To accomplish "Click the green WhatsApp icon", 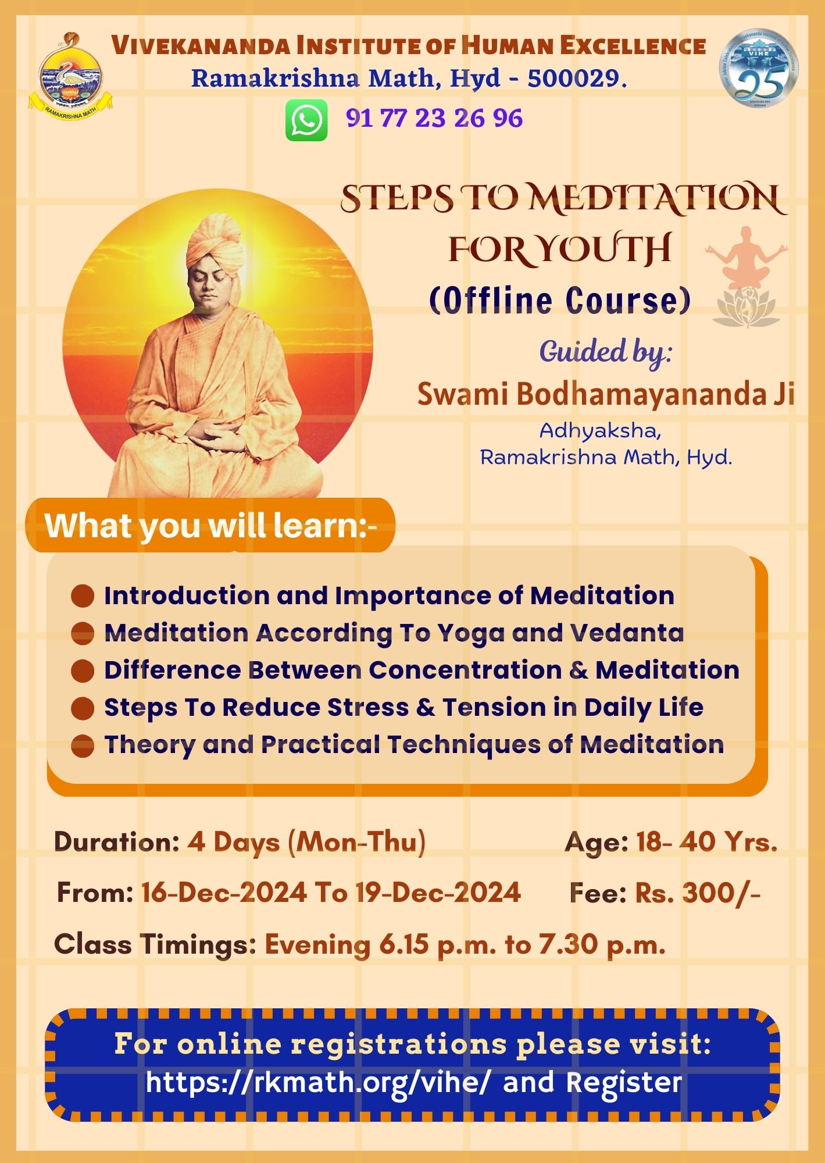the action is coord(306,120).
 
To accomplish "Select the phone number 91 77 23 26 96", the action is coord(434,118).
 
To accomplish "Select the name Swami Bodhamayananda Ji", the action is coord(606,394).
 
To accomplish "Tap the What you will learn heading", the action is coord(210,525).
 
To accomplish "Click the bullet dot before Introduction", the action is coord(83,596).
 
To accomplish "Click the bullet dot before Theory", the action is coord(83,745).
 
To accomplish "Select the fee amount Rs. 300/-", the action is coord(697,893).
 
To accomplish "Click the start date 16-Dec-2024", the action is coord(224,892).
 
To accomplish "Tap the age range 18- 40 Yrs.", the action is coord(706,841).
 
